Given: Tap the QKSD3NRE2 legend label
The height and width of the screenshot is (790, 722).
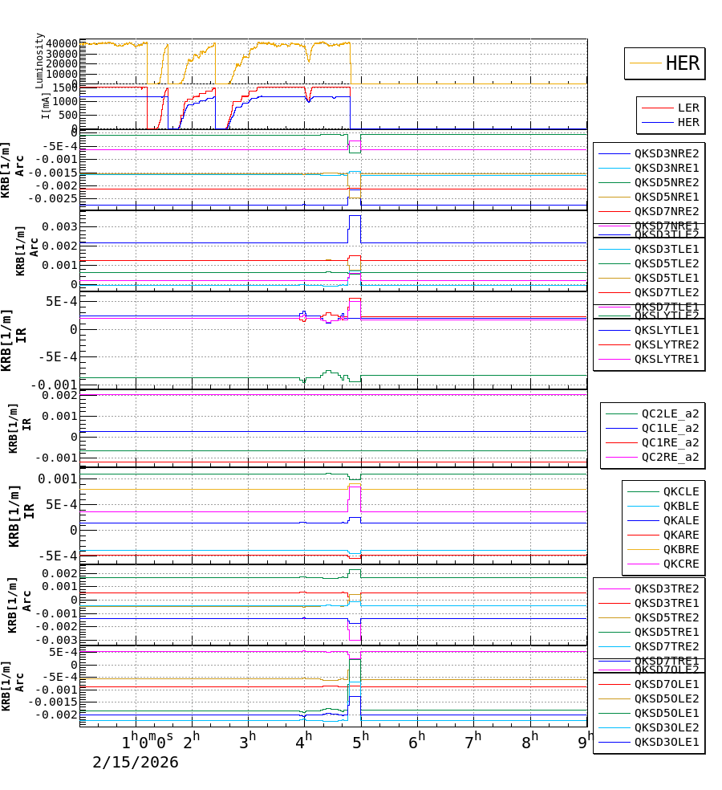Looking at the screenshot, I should (x=667, y=153).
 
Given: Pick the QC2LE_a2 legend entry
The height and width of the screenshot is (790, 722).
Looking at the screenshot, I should (x=670, y=413).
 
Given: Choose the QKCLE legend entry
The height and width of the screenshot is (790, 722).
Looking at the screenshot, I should (x=680, y=491).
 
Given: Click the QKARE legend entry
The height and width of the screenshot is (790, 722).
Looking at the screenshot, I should (x=680, y=535).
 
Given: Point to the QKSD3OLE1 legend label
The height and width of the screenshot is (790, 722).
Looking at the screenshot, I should (x=667, y=743).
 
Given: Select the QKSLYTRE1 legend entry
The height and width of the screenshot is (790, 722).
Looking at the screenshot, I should (x=667, y=359).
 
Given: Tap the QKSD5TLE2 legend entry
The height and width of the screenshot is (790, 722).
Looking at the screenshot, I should (x=667, y=263).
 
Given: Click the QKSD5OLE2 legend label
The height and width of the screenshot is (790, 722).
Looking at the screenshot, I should (x=667, y=699).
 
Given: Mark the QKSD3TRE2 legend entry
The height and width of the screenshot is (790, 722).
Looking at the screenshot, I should (x=667, y=588).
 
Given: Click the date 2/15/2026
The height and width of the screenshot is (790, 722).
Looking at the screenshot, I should (x=136, y=763).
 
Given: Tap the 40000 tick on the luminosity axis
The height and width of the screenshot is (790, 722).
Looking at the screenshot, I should (x=62, y=43).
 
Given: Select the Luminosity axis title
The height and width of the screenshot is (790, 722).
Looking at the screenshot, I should (x=40, y=60).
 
